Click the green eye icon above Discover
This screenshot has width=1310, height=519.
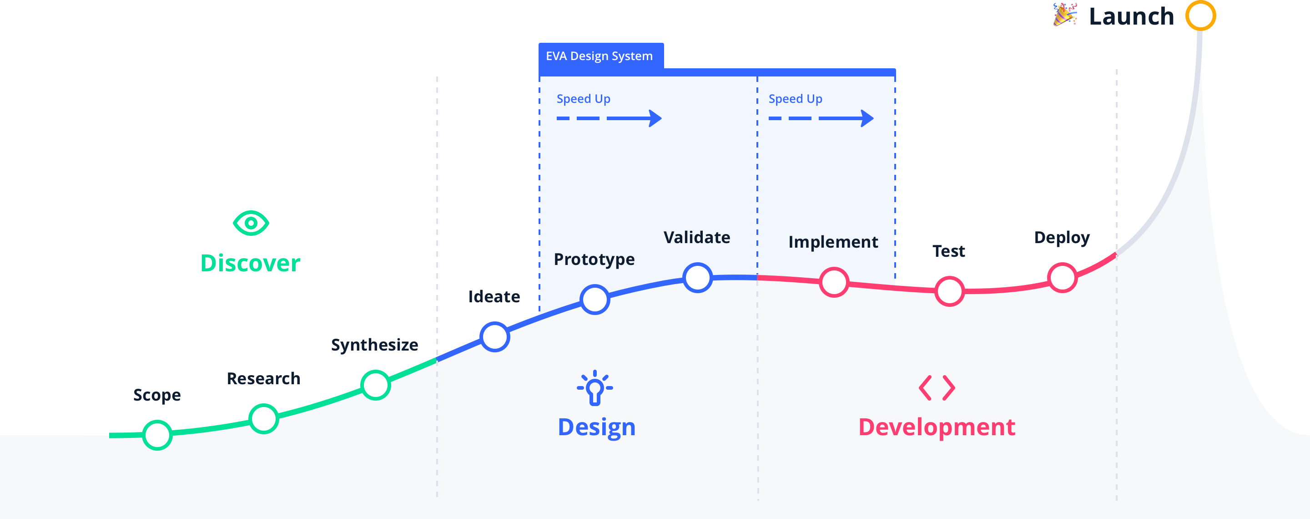point(251,223)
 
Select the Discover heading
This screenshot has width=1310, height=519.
point(250,263)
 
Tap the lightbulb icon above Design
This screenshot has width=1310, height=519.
point(595,388)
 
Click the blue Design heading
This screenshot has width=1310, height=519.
point(596,427)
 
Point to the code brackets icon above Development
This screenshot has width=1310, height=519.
point(937,388)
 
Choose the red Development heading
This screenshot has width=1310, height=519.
point(937,427)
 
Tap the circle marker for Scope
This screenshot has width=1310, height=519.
point(157,435)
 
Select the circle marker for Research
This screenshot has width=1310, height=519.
point(263,419)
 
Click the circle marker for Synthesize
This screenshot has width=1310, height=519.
point(375,385)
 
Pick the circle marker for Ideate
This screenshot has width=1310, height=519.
point(495,336)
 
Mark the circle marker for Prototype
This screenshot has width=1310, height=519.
point(595,300)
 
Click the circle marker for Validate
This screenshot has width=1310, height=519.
point(697,278)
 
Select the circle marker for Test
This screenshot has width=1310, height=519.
point(949,291)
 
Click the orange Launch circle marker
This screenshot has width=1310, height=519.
point(1200,16)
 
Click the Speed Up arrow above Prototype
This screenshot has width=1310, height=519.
point(609,118)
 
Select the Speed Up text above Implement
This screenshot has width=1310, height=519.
point(796,99)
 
